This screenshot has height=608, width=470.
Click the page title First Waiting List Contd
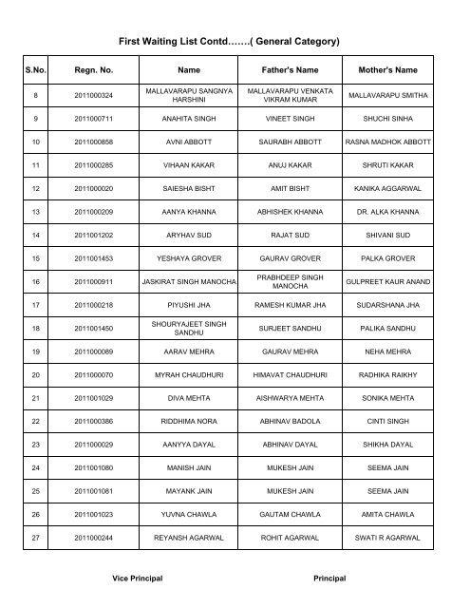coord(235,42)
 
